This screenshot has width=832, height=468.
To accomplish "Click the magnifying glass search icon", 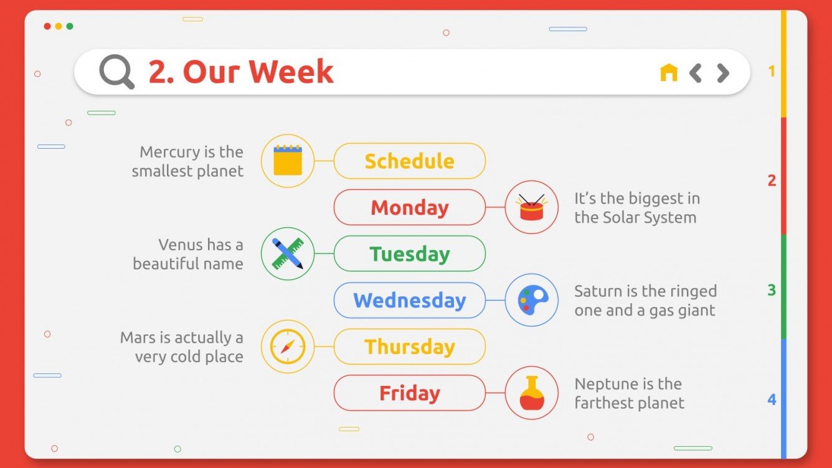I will [116, 72].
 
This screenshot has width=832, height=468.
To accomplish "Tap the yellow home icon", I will [668, 73].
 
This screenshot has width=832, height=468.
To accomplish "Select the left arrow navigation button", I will [696, 73].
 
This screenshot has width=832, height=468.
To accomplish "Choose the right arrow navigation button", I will [722, 73].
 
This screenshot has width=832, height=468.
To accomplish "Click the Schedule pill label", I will [409, 161].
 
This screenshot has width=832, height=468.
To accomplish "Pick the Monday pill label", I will [409, 207].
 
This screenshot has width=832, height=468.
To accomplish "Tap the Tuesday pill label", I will [409, 254].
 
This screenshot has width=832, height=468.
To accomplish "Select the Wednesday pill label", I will [409, 301].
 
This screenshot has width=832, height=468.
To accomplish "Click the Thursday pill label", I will [409, 347].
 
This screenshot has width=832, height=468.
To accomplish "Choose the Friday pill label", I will [409, 393].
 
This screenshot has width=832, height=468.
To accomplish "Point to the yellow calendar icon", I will [288, 161].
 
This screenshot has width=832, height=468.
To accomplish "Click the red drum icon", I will [531, 207].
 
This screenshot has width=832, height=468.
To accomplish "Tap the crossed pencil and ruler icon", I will [288, 253].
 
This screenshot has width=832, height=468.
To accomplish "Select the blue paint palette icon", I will [532, 300].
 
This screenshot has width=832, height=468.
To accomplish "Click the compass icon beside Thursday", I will [288, 347].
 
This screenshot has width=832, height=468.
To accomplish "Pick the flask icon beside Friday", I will [531, 393].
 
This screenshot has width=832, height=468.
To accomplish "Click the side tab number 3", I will [772, 290].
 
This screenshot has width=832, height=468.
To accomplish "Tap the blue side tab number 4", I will [772, 400].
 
